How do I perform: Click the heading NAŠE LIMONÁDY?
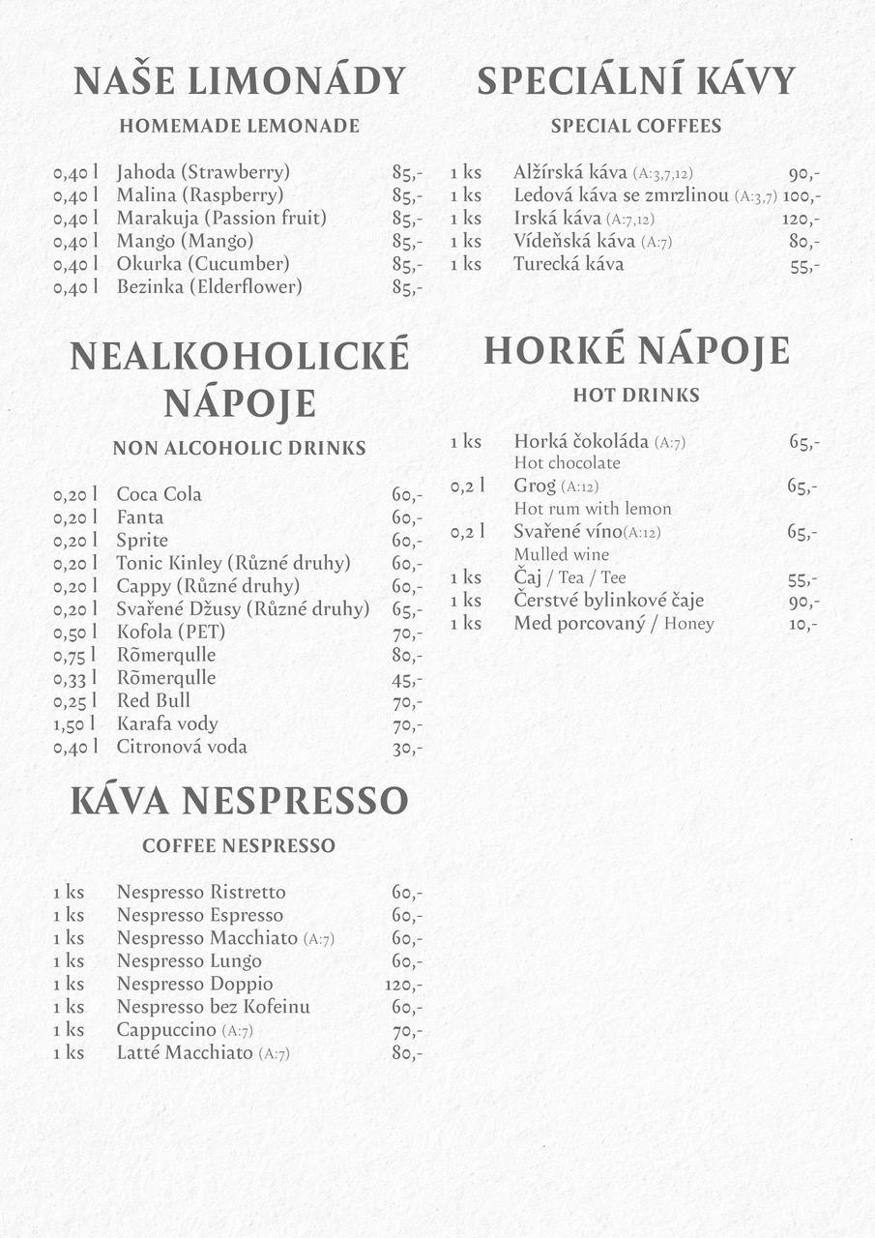[240, 81]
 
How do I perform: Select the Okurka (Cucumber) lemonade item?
[203, 264]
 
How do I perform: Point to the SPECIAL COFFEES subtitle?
[636, 126]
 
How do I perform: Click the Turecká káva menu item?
[569, 264]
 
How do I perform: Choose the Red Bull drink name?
[154, 700]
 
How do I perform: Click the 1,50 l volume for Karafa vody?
[75, 723]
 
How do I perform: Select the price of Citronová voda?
[407, 748]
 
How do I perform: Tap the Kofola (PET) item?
[171, 632]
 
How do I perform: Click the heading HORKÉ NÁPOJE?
[636, 351]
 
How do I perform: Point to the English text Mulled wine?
[561, 554]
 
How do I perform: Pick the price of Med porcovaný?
[803, 624]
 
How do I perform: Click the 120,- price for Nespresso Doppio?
[403, 985]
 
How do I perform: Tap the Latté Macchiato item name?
[185, 1052]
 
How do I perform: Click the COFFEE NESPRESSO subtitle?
[239, 845]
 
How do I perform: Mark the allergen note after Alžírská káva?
[662, 174]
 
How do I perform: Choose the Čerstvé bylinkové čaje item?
[609, 601]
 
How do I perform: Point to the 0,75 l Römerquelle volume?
[75, 655]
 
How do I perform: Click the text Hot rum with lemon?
[592, 509]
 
